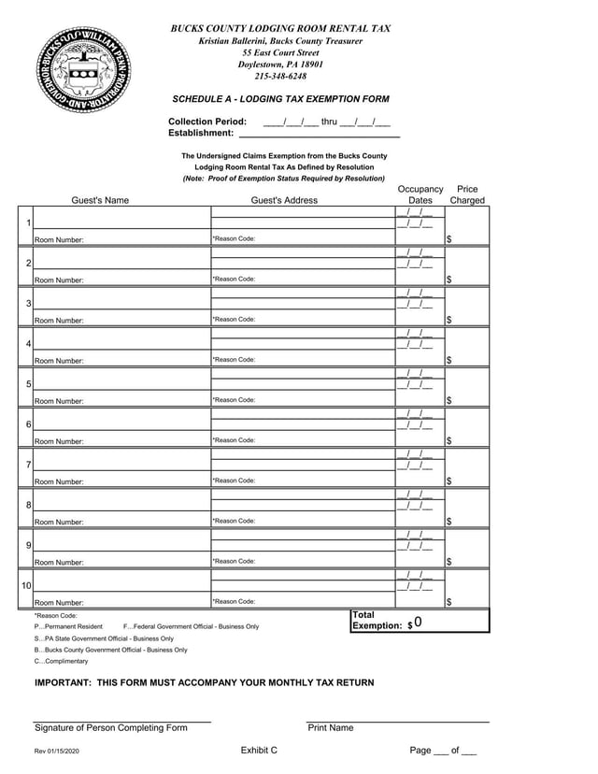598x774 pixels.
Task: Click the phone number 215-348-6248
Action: (280, 77)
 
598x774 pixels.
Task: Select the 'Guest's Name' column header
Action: (100, 200)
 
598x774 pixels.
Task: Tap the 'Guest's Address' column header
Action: (284, 200)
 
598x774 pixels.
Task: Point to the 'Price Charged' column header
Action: (467, 194)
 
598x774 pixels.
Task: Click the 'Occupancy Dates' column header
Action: (420, 194)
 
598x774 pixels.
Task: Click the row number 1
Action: (29, 222)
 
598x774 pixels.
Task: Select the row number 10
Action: (27, 585)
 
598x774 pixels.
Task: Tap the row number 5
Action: (29, 384)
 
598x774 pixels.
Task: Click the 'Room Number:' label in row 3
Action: (59, 321)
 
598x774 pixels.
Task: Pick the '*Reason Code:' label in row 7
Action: (234, 480)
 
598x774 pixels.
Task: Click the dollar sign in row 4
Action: (449, 361)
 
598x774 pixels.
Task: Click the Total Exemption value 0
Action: (419, 623)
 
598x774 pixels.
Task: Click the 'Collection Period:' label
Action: (207, 122)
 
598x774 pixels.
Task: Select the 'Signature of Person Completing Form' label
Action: (111, 728)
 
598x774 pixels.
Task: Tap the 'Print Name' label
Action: (330, 728)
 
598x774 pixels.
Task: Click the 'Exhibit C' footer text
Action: (259, 751)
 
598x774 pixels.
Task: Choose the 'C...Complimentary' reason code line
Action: (62, 661)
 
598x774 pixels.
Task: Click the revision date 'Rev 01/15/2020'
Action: (58, 752)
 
